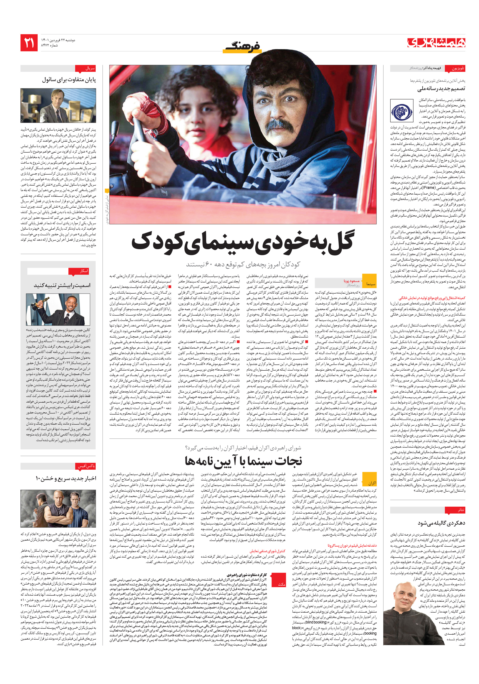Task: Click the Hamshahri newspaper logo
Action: coord(436,43)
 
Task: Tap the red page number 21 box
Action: coord(29,43)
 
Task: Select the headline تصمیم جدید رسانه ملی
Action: coord(441,89)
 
